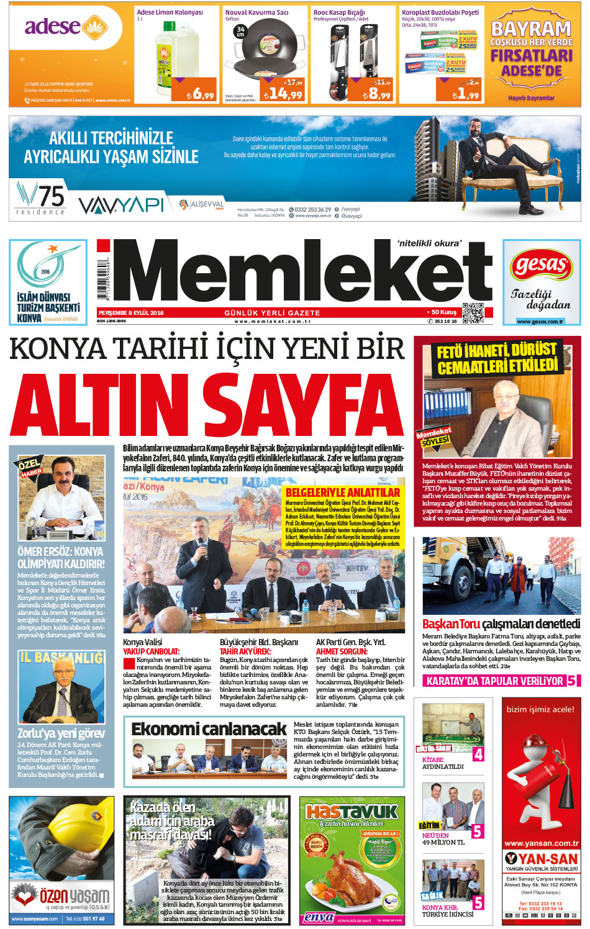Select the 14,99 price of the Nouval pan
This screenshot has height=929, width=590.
(x=283, y=94)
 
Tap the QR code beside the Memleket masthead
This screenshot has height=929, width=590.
(x=473, y=312)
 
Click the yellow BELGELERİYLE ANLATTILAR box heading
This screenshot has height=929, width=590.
(x=343, y=492)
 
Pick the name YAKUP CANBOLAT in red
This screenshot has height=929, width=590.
(x=151, y=651)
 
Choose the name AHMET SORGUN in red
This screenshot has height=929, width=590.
(x=342, y=651)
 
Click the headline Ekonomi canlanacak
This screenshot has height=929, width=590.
(x=209, y=728)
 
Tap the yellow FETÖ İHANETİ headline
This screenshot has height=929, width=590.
(x=497, y=358)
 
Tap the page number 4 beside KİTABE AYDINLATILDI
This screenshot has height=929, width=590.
(x=478, y=755)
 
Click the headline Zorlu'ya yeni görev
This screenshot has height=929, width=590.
(x=61, y=733)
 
